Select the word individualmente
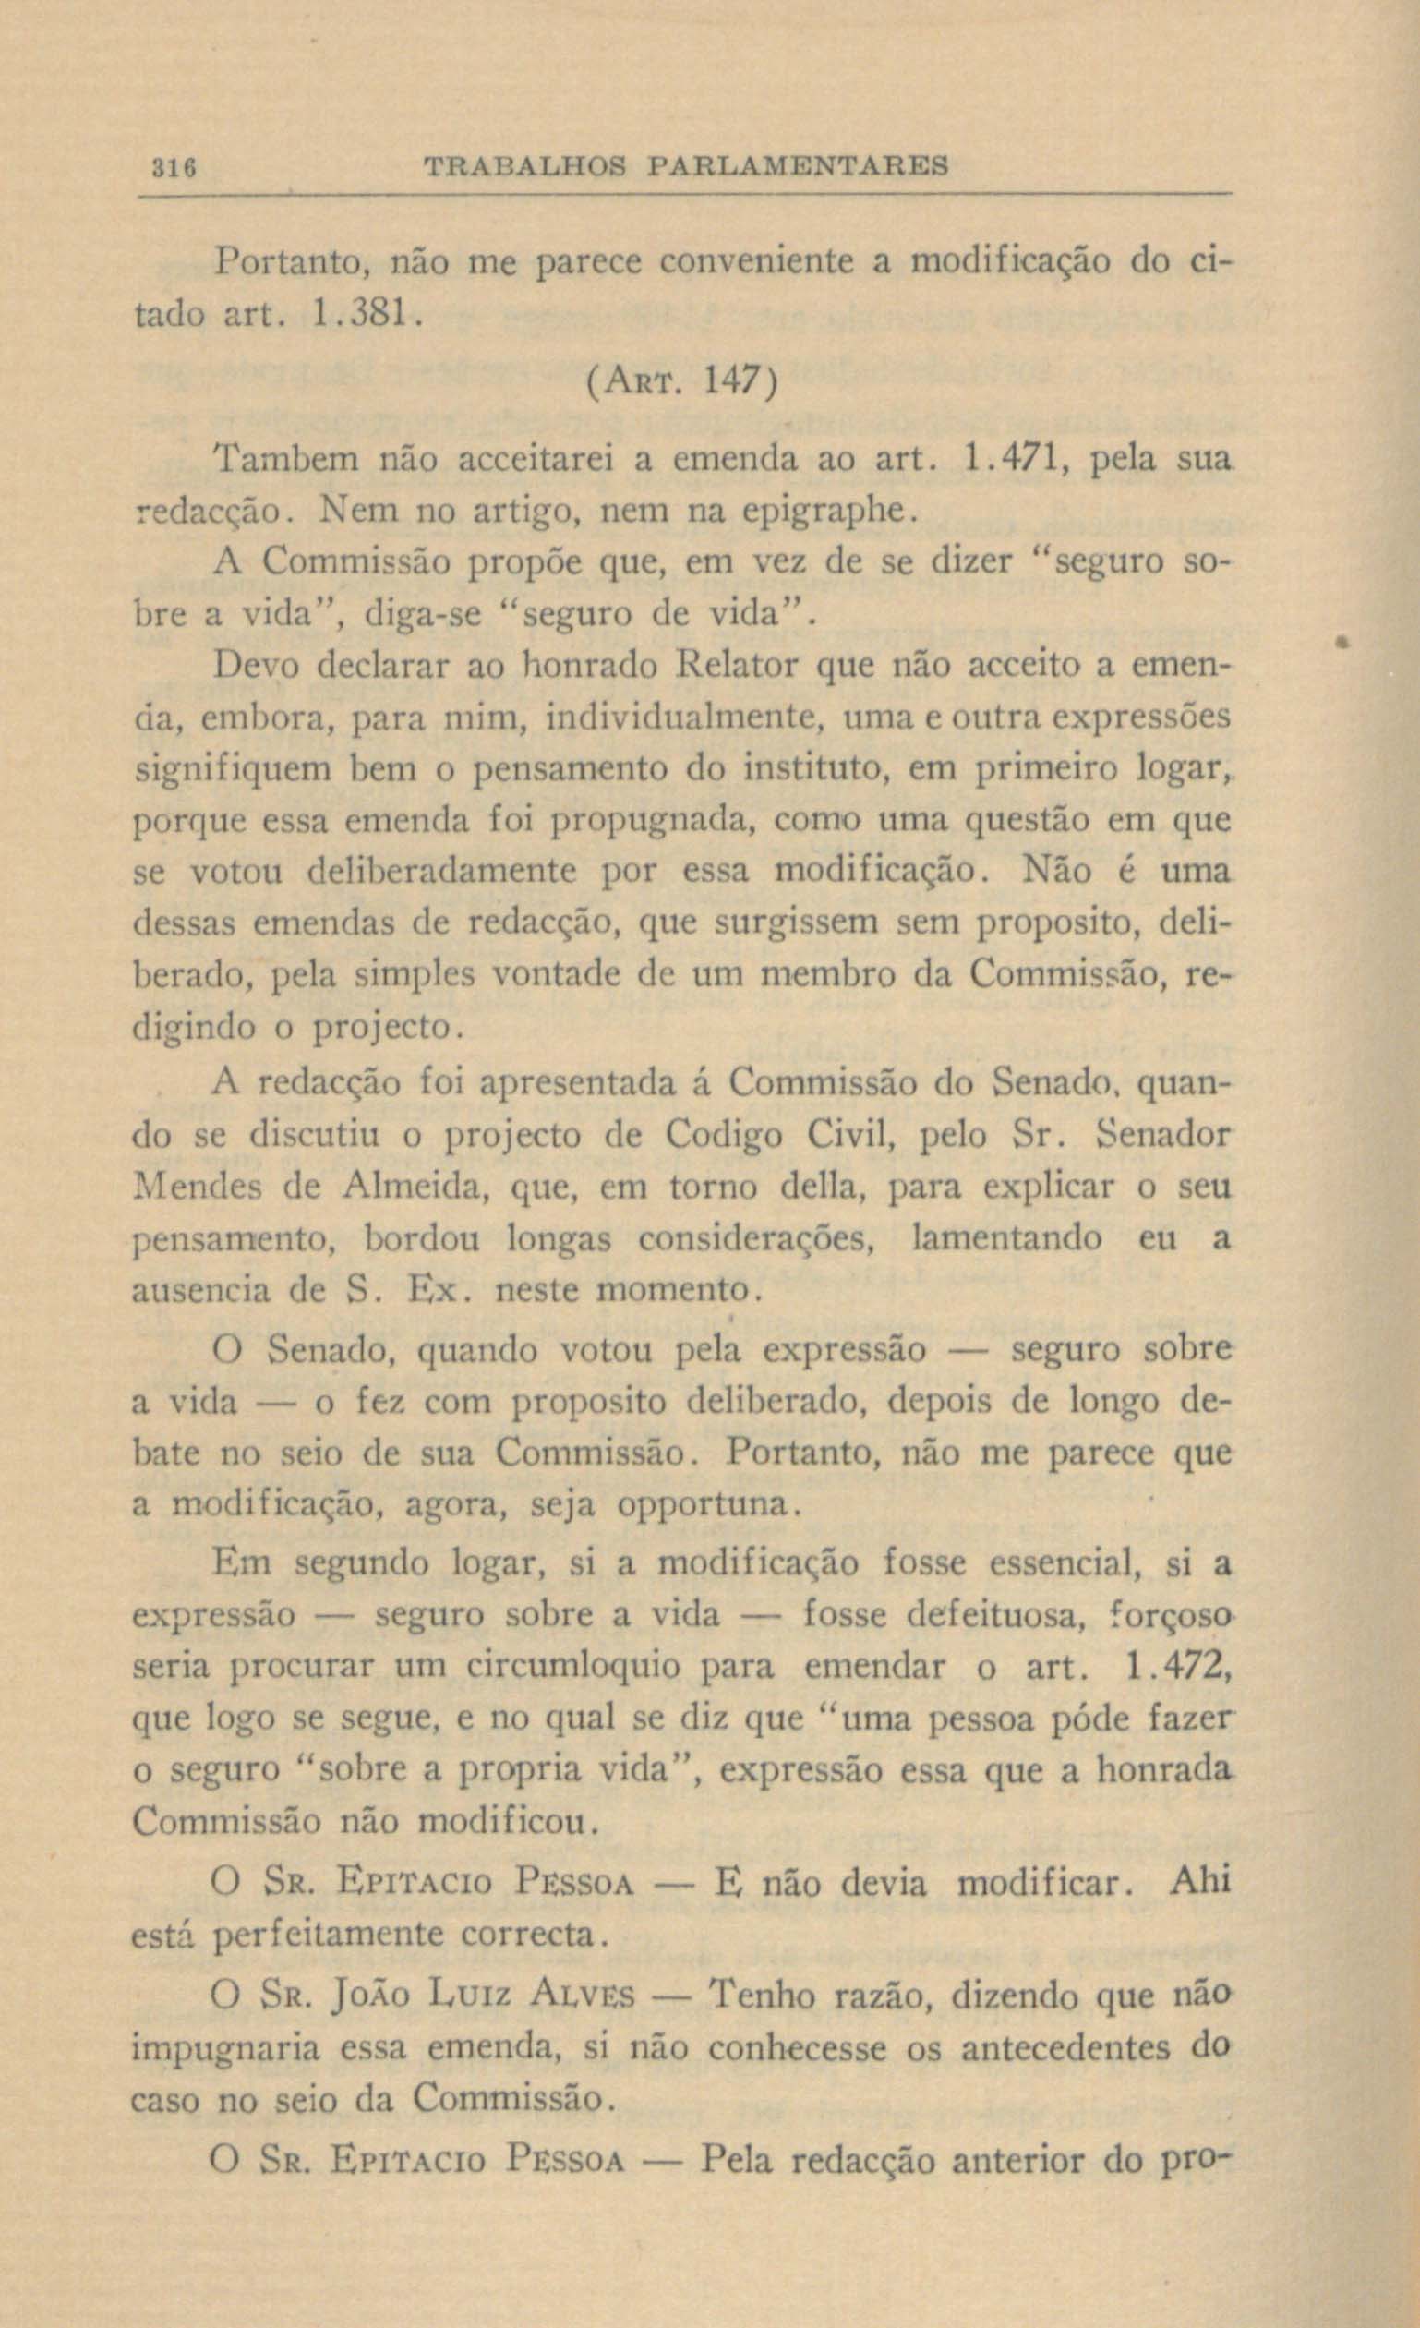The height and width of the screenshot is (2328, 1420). [x=681, y=718]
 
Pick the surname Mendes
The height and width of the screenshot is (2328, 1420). [x=198, y=1186]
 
